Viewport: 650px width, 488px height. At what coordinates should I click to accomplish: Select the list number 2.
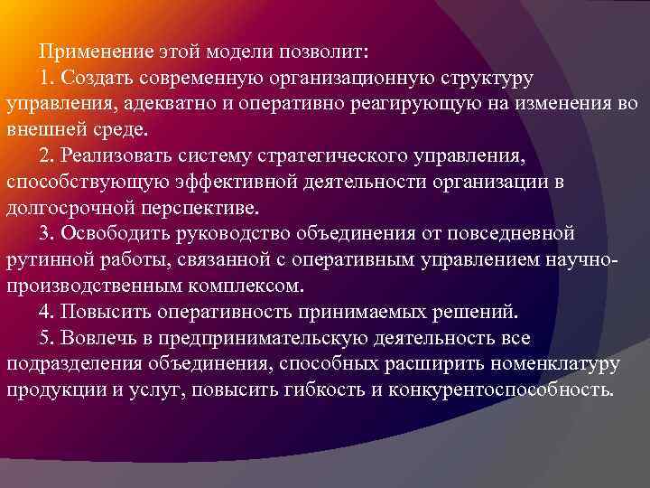(x=46, y=156)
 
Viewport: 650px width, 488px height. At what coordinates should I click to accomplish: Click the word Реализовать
(x=116, y=156)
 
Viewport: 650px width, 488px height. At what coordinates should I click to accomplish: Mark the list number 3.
(x=46, y=234)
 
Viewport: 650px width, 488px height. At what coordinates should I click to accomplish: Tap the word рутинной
(x=46, y=260)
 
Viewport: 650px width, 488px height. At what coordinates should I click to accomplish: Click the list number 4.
(x=46, y=313)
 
